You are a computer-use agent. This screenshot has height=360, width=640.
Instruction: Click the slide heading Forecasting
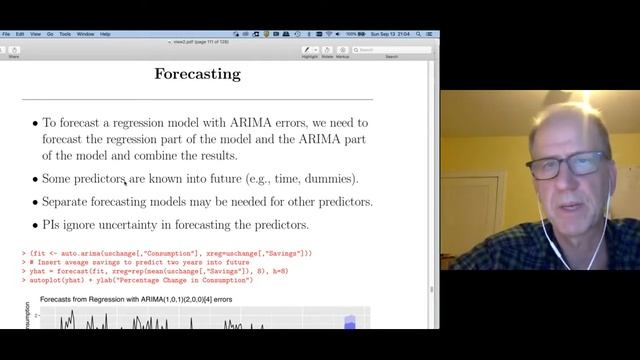(197, 74)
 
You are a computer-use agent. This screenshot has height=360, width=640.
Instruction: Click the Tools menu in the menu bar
(65, 34)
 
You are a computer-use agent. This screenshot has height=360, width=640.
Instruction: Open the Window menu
(84, 34)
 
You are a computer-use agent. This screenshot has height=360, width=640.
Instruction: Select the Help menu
(105, 34)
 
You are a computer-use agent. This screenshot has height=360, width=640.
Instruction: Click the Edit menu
(20, 34)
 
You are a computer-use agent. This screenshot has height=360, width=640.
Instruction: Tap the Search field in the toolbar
(405, 49)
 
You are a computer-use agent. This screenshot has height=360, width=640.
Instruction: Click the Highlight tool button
(309, 50)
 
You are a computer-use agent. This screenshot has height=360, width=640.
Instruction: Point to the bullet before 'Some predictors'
(35, 179)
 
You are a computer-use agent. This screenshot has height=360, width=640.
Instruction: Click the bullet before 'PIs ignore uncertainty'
(35, 225)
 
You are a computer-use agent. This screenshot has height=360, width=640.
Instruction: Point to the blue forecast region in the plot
(349, 323)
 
